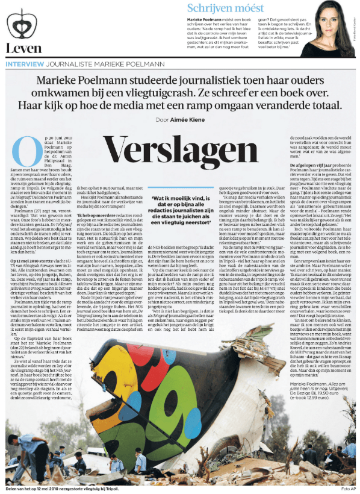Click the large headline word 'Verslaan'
point(179,146)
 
